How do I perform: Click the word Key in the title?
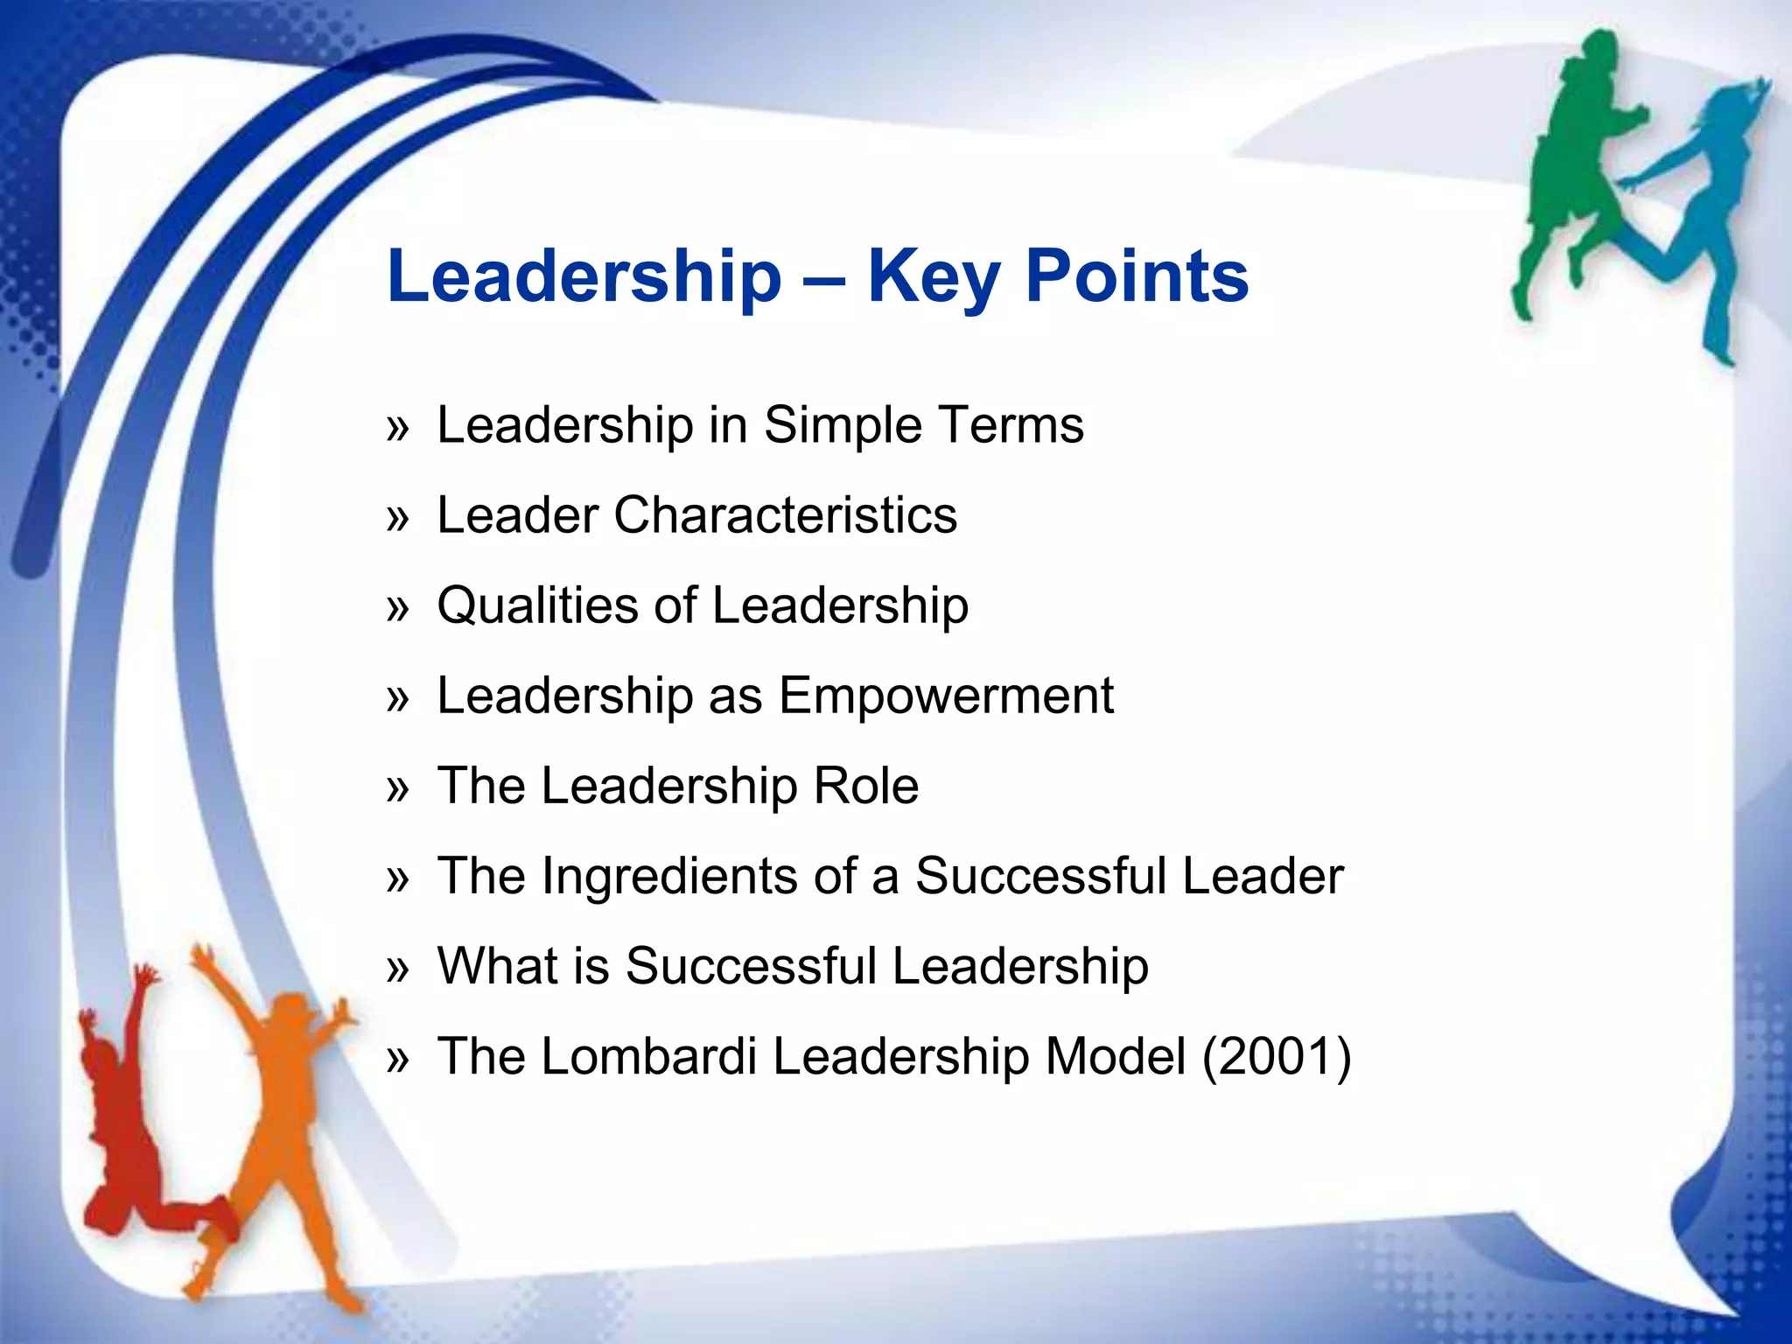coord(933,276)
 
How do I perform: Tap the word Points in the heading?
coord(1137,276)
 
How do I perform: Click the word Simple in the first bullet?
coord(843,426)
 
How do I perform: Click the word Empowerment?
coord(946,696)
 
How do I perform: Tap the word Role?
coord(866,786)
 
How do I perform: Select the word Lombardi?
coord(649,1056)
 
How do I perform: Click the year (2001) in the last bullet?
coord(1277,1056)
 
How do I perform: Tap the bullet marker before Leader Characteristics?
coord(397,519)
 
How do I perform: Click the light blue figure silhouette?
coord(1697,219)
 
